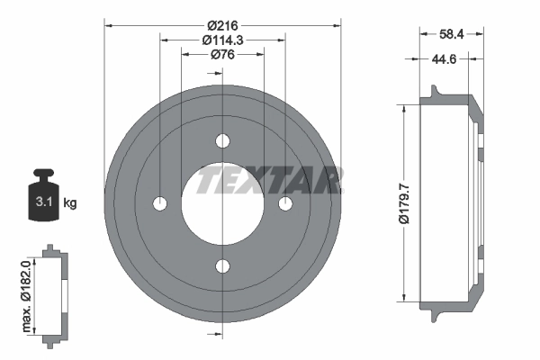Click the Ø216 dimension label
tap(223, 24)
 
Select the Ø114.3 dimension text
tap(223, 40)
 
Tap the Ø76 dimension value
tap(223, 55)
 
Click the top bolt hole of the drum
tap(223, 141)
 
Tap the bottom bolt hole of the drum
tap(223, 265)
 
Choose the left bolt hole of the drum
tap(161, 203)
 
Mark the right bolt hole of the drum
tap(285, 203)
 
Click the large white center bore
tap(223, 203)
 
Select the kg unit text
tap(69, 202)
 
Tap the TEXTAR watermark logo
tap(270, 179)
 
